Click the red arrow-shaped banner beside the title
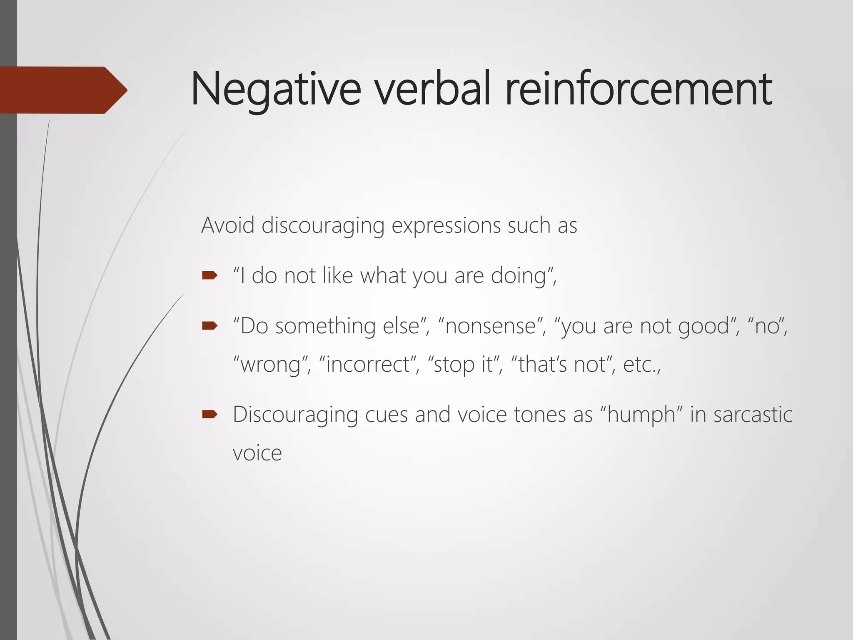[x=62, y=90]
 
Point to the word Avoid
[x=227, y=225]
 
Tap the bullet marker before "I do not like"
[x=210, y=275]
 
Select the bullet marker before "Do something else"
[x=210, y=325]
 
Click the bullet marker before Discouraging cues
[x=210, y=414]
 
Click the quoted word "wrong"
[x=271, y=365]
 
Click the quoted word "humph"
[x=641, y=415]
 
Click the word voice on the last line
[x=257, y=453]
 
